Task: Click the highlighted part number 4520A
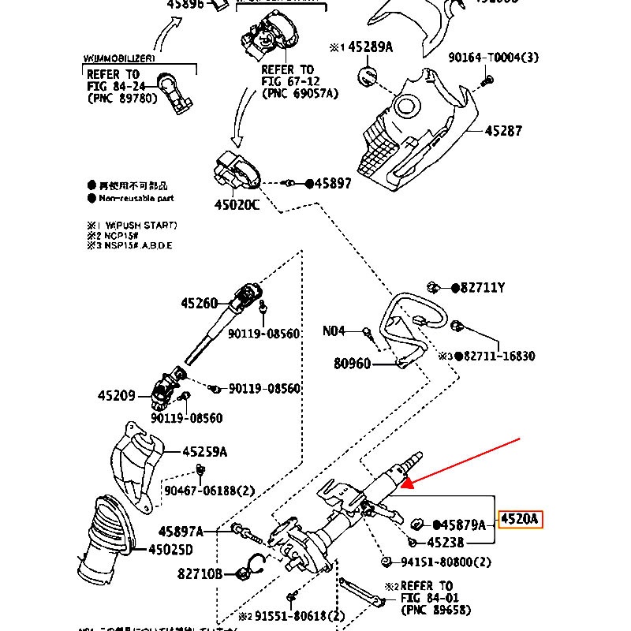520,520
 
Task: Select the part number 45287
502,132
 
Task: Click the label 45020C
237,204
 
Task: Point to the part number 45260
199,303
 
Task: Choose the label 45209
117,395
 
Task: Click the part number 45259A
204,452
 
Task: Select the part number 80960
352,364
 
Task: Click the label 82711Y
483,288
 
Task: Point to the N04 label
335,332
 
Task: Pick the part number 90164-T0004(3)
494,58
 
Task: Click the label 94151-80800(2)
446,562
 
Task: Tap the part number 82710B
200,573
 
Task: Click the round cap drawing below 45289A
368,77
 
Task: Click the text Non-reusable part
136,199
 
